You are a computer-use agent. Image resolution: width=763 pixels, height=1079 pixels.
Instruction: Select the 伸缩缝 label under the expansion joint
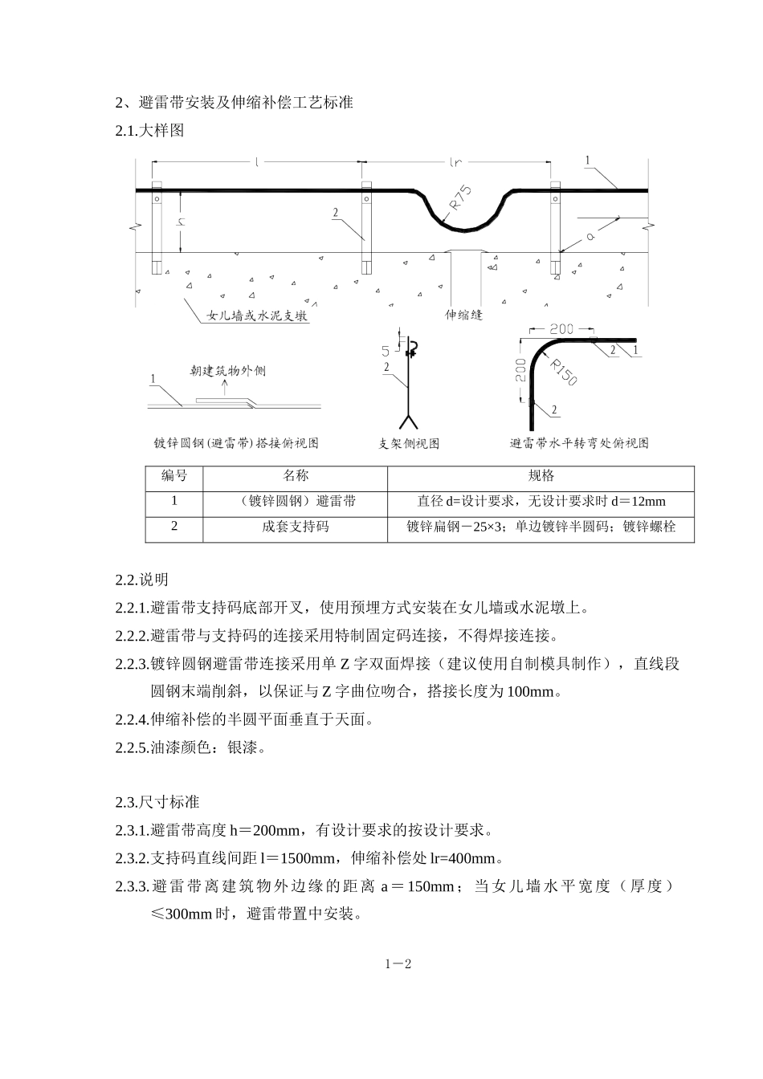pyautogui.click(x=463, y=315)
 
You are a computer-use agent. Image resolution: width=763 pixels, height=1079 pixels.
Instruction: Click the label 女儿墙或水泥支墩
pyautogui.click(x=257, y=316)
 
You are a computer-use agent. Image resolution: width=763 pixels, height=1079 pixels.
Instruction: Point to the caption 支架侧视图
pyautogui.click(x=409, y=443)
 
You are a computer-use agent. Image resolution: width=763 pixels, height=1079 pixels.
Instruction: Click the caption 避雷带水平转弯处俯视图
pyautogui.click(x=579, y=443)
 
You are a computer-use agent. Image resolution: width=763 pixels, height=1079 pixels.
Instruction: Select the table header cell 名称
pyautogui.click(x=296, y=476)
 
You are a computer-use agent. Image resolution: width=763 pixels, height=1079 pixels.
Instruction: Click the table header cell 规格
pyautogui.click(x=541, y=476)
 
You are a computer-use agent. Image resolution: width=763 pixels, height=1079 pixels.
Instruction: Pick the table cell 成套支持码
pyautogui.click(x=296, y=527)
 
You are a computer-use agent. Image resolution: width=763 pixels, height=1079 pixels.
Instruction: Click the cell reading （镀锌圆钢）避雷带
pyautogui.click(x=296, y=502)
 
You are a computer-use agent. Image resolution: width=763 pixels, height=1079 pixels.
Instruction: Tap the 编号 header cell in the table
pyautogui.click(x=174, y=476)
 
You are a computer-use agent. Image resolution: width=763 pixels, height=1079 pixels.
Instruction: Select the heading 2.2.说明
pyautogui.click(x=141, y=580)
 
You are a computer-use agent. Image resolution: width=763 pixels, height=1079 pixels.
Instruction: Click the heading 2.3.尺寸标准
pyautogui.click(x=157, y=802)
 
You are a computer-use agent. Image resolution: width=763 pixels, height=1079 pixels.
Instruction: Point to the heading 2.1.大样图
pyautogui.click(x=149, y=130)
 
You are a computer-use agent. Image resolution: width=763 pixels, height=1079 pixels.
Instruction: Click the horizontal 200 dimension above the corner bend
pyautogui.click(x=561, y=329)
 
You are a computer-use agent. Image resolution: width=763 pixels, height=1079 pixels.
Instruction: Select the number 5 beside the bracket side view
pyautogui.click(x=386, y=351)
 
